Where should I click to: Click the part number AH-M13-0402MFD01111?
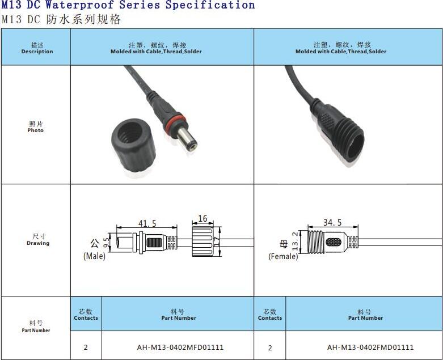[x=180, y=347]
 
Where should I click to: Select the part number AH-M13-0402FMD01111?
[x=370, y=347]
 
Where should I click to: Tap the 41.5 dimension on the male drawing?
[x=147, y=223]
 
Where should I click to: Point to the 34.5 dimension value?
[x=332, y=222]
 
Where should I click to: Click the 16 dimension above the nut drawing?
[x=202, y=218]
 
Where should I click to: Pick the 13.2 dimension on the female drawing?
[x=295, y=241]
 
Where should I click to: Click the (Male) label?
[x=94, y=256]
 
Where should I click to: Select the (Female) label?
[x=283, y=256]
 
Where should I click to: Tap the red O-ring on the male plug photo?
[x=175, y=121]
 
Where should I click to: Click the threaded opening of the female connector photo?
[x=356, y=146]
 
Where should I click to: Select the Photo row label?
[x=36, y=127]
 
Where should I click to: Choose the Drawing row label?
[x=38, y=239]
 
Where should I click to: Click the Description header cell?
[x=37, y=48]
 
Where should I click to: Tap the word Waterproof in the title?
[x=79, y=5]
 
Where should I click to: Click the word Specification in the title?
[x=210, y=5]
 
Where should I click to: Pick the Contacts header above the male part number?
[x=86, y=315]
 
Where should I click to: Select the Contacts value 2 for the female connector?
[x=270, y=348]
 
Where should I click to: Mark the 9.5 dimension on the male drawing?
[x=106, y=243]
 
